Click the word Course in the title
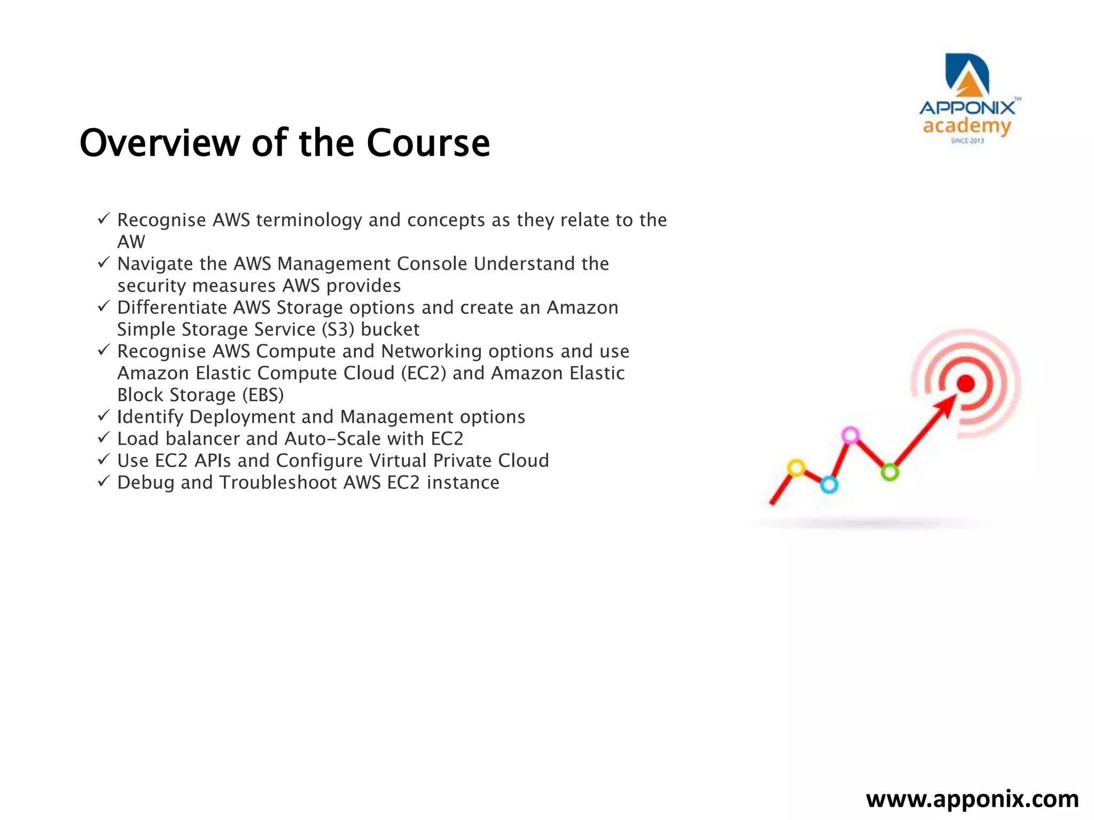(428, 143)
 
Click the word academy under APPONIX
(967, 127)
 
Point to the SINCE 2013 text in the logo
(967, 141)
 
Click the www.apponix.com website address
(972, 799)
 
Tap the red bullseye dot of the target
(965, 383)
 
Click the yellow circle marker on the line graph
(796, 468)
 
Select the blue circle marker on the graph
(829, 485)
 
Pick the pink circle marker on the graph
(850, 435)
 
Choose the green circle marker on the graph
(889, 472)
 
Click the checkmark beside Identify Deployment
(104, 415)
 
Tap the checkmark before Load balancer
(104, 437)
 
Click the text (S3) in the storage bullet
(338, 329)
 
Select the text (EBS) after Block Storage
(263, 395)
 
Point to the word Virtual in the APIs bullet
(398, 461)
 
